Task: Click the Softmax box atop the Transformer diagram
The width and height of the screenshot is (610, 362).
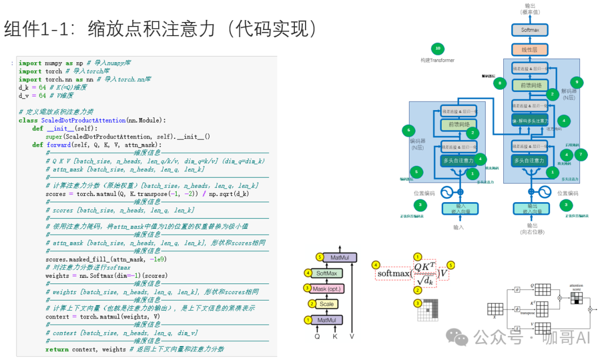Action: tap(529, 30)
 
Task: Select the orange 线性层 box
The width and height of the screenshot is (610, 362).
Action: tap(529, 49)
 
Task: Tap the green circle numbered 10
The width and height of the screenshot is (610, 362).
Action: tap(437, 48)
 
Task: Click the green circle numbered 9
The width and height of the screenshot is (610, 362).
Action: tap(576, 82)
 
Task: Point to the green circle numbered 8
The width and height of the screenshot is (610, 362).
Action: tap(499, 83)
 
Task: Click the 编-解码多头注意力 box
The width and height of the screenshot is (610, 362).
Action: tap(530, 121)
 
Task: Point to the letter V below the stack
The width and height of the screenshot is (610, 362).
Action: tap(352, 336)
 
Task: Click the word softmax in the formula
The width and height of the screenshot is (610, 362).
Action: tap(393, 274)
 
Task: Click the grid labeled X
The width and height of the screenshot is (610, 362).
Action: tap(495, 309)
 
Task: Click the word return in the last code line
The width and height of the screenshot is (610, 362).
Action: tap(56, 349)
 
